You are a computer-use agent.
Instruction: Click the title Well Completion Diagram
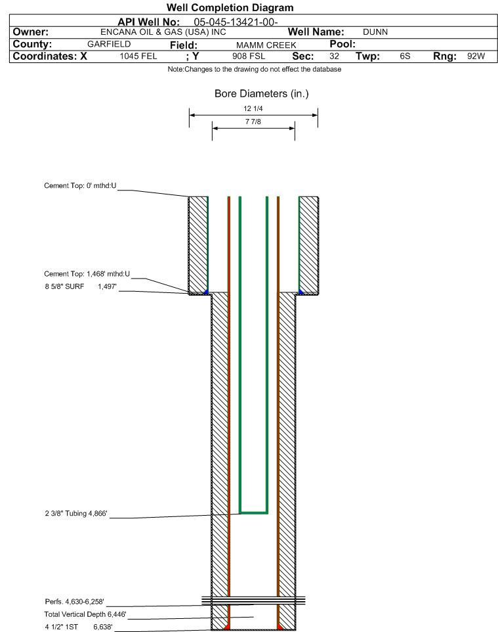tap(230, 8)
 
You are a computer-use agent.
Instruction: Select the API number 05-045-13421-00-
tap(236, 22)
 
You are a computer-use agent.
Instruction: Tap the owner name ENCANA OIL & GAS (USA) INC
tap(163, 32)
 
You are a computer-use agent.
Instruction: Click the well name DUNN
tap(375, 32)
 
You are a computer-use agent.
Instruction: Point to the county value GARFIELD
tap(109, 44)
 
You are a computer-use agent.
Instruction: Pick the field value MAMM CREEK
tap(266, 45)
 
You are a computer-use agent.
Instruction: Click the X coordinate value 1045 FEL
tap(138, 56)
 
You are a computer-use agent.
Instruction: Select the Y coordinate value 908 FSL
tap(249, 56)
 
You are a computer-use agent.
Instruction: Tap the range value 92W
tap(476, 56)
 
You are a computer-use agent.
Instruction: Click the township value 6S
tap(405, 56)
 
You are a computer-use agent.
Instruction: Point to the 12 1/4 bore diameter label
tap(253, 108)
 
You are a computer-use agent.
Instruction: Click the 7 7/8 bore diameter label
tap(253, 122)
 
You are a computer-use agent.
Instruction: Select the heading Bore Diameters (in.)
tap(261, 94)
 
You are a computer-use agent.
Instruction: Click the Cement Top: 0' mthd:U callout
tap(80, 186)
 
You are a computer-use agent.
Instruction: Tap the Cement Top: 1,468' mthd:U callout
tap(87, 274)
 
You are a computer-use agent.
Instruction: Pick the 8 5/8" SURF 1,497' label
tap(81, 286)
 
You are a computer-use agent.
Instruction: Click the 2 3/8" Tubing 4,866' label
tap(76, 514)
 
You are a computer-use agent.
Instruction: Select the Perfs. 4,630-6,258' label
tap(75, 602)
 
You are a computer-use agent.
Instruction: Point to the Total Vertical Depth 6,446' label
tap(85, 614)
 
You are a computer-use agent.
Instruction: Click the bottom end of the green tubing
tap(254, 512)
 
